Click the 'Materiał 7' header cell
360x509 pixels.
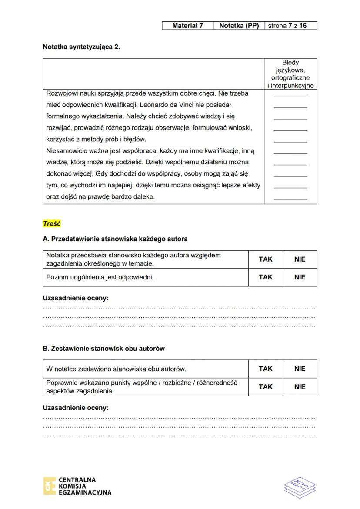(187, 26)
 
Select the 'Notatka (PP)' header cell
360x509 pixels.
(239, 26)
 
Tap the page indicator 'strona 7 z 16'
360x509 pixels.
(290, 26)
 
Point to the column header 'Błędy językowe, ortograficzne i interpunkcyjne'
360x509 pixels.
(290, 74)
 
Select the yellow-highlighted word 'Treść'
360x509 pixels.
(52, 224)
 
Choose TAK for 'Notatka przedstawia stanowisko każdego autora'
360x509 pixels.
(265, 259)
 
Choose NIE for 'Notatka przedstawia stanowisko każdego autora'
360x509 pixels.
(300, 259)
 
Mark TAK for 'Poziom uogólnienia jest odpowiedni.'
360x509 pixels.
(265, 277)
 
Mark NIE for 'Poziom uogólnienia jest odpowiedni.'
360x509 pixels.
(300, 277)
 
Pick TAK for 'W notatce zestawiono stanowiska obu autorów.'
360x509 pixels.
(265, 369)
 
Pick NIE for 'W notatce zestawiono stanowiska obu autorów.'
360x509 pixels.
(300, 369)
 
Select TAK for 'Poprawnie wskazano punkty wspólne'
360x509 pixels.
(265, 387)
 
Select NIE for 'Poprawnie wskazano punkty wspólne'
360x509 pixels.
(300, 387)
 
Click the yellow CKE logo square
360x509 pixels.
(49, 486)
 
